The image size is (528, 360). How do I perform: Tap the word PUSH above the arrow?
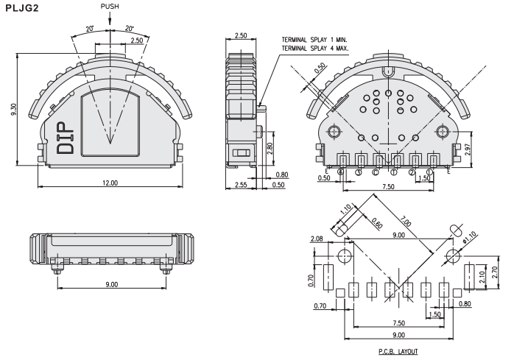coord(110,7)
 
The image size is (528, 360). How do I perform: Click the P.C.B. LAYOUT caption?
coord(398,351)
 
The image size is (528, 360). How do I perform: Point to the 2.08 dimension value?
coord(317,239)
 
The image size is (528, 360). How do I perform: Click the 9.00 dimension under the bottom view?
coord(110,284)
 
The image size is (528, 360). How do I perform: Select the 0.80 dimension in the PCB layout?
coord(465,303)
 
